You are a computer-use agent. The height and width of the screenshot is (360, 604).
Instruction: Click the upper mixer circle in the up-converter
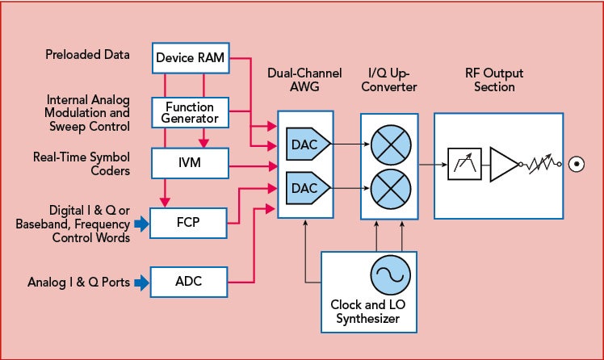389,145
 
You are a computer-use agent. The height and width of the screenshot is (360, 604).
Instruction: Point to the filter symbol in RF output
463,165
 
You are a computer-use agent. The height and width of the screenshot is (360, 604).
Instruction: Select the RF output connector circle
577,165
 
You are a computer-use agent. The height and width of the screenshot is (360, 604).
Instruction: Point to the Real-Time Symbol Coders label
80,163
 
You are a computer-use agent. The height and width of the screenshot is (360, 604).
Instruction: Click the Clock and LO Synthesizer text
369,312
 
